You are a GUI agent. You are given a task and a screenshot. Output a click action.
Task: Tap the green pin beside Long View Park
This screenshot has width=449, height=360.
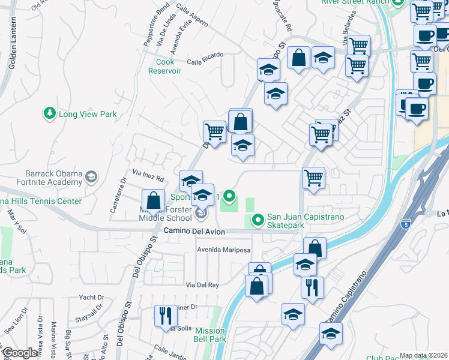click(49, 113)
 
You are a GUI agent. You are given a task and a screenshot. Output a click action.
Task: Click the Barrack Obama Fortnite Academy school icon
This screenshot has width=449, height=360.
click(91, 176)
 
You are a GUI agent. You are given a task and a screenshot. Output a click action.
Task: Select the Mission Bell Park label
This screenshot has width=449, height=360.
click(209, 335)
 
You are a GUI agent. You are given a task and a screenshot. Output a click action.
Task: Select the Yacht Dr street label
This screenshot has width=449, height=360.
click(91, 298)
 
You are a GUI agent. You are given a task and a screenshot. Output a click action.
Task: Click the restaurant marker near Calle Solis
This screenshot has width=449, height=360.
click(164, 316)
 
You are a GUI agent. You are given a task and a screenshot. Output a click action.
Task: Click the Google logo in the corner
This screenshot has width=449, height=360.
click(20, 353)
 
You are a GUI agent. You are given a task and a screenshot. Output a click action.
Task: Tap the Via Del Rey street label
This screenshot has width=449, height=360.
click(202, 284)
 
